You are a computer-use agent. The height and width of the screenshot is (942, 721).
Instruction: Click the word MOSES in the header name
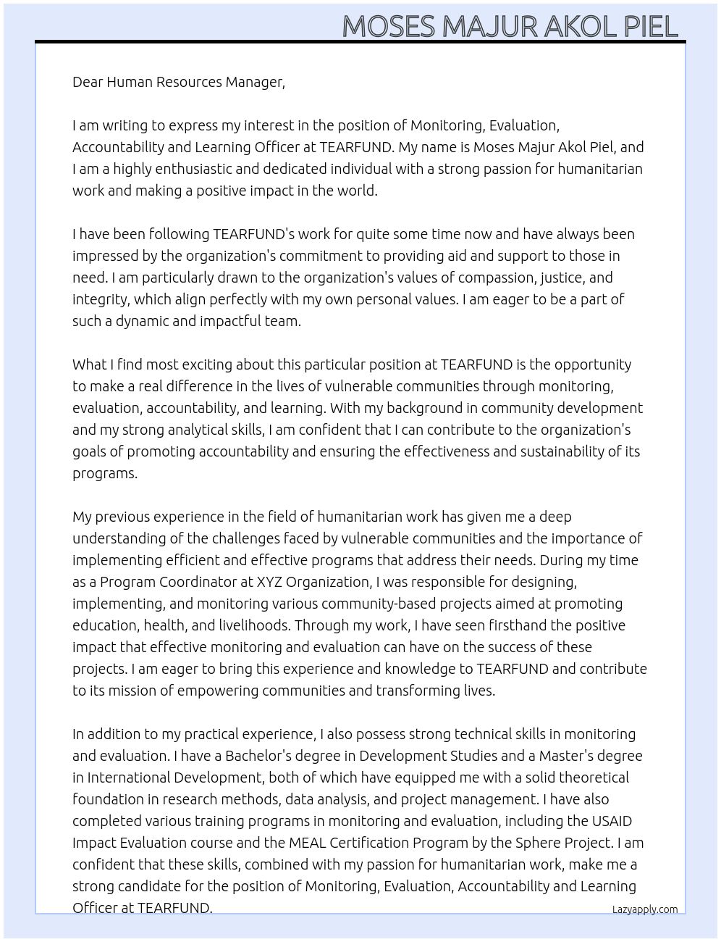point(389,27)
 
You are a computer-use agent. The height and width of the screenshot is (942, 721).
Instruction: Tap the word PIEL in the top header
point(650,27)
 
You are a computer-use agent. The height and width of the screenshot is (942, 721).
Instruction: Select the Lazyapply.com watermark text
point(644,909)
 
